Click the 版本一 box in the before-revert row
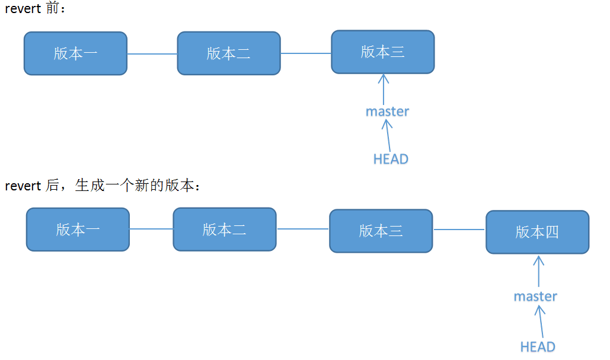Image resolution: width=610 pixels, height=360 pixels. [75, 53]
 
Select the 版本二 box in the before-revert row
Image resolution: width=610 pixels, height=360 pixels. [229, 53]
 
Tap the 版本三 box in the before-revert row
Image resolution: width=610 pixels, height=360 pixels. [382, 52]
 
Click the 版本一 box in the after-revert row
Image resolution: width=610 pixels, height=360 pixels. [78, 230]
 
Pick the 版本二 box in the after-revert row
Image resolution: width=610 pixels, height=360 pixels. [224, 229]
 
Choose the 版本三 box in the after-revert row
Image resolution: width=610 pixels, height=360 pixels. [381, 231]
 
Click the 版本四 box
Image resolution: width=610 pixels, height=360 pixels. [537, 232]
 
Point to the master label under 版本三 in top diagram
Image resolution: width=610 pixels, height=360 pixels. [387, 111]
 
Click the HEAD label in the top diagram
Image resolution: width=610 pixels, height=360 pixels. [391, 159]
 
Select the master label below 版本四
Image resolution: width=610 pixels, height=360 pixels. [535, 296]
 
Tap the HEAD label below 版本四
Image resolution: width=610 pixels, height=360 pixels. [537, 346]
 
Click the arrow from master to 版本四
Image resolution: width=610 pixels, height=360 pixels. [538, 272]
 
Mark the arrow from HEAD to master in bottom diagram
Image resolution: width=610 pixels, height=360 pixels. [540, 322]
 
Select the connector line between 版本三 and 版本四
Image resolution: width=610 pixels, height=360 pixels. [459, 230]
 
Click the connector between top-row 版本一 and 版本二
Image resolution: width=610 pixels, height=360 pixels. [152, 54]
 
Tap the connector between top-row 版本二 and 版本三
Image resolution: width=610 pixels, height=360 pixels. [305, 53]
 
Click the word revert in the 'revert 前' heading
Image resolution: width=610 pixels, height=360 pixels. [23, 10]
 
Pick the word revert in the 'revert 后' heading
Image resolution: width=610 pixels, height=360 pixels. [23, 186]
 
